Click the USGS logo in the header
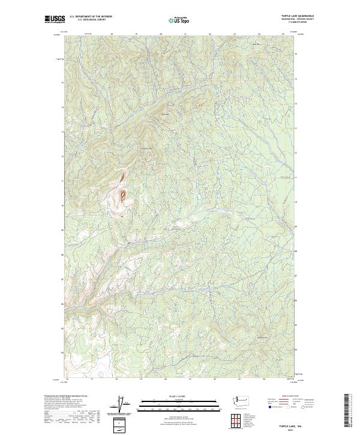click(55, 19)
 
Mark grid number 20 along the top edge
click(161, 34)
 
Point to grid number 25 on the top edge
click(283, 34)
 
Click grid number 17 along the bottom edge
click(91, 379)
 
